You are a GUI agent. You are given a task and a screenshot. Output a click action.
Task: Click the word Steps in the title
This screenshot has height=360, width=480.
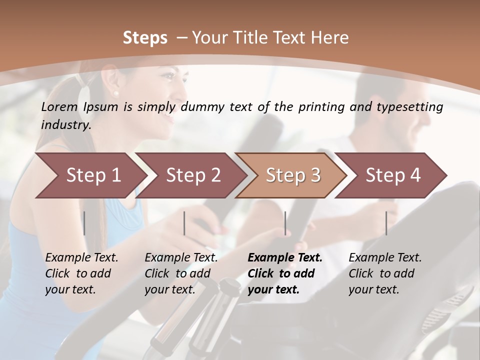145,38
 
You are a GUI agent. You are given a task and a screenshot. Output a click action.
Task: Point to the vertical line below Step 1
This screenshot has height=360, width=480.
84,223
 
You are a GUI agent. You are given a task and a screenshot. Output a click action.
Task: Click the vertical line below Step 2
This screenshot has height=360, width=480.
184,223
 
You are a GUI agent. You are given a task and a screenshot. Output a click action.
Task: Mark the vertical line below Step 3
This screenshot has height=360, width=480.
285,223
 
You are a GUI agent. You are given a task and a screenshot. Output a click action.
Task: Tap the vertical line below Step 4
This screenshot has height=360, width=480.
386,223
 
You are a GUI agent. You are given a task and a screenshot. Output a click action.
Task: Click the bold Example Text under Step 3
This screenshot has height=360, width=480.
285,257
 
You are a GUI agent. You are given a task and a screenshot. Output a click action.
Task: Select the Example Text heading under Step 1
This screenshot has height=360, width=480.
81,257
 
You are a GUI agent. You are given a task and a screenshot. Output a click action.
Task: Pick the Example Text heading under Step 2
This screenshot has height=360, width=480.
181,257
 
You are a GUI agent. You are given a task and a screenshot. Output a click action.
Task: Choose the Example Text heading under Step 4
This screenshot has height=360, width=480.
385,257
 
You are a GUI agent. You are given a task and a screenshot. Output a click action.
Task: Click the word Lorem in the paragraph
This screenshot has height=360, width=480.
59,107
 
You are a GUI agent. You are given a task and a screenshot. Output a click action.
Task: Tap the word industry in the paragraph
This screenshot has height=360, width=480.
65,125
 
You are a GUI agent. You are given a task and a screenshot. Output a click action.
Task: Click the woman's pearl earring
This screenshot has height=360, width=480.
116,93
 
